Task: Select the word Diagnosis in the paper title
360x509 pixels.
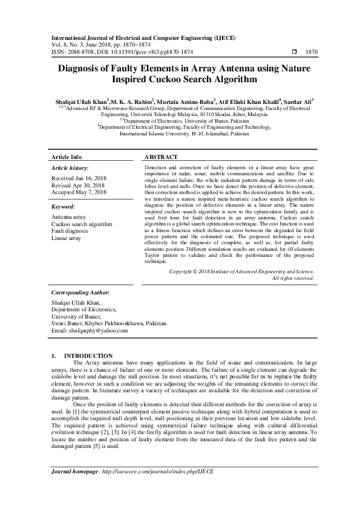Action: click(82, 69)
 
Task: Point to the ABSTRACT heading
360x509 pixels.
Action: click(161, 157)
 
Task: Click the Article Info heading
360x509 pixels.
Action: click(66, 157)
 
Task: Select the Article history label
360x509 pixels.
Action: click(70, 167)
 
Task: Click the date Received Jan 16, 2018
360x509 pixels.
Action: click(79, 178)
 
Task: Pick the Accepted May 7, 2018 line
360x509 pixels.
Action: click(79, 192)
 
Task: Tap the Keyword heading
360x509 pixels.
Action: click(64, 206)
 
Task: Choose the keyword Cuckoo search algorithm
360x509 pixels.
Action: click(82, 224)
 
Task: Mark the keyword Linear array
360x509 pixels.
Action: click(67, 238)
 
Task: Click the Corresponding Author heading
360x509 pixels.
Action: click(81, 291)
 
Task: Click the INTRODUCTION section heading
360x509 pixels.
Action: click(88, 355)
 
